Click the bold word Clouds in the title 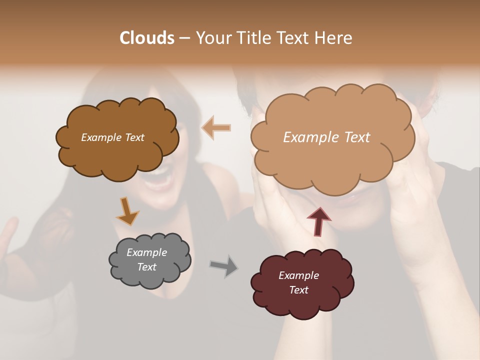[x=146, y=38]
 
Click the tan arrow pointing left [x=216, y=128]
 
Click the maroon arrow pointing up [x=318, y=220]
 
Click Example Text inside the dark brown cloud [x=112, y=137]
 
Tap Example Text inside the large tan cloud [x=326, y=137]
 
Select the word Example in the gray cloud [x=146, y=252]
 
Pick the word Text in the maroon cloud [x=298, y=290]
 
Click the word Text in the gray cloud [x=146, y=267]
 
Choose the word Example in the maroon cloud [x=298, y=275]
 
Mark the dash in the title [x=184, y=38]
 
